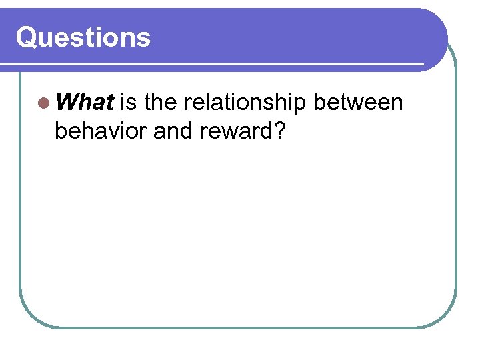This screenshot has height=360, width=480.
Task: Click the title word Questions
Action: [83, 37]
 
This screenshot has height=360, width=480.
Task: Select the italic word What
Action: [86, 103]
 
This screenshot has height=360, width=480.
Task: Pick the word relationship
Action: [245, 104]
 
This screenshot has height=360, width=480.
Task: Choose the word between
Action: [358, 103]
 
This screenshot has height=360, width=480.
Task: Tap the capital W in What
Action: [69, 103]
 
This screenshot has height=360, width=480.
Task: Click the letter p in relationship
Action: [299, 106]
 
